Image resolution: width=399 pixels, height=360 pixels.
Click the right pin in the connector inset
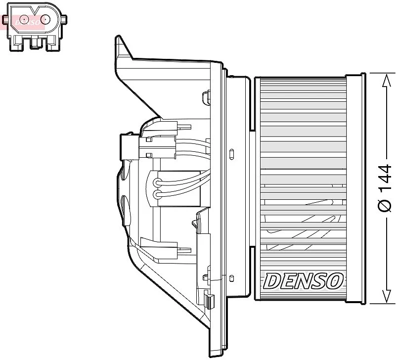coord(45,20)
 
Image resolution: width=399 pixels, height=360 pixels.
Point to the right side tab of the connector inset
coord(64,20)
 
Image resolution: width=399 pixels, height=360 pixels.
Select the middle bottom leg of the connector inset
coord(35,44)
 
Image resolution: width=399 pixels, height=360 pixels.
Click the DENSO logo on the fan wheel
coord(303,280)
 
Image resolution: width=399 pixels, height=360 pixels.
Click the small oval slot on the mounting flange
coord(232,153)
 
